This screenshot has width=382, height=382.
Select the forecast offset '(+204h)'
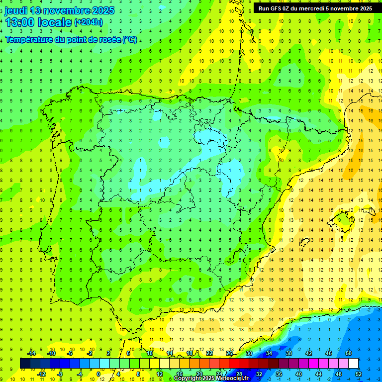89,22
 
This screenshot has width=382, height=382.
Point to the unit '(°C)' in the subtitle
130,39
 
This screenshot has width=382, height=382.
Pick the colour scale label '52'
358,374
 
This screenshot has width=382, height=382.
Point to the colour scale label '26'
229,353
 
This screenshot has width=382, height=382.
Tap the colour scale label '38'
288,353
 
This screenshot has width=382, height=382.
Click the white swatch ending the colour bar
353,364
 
